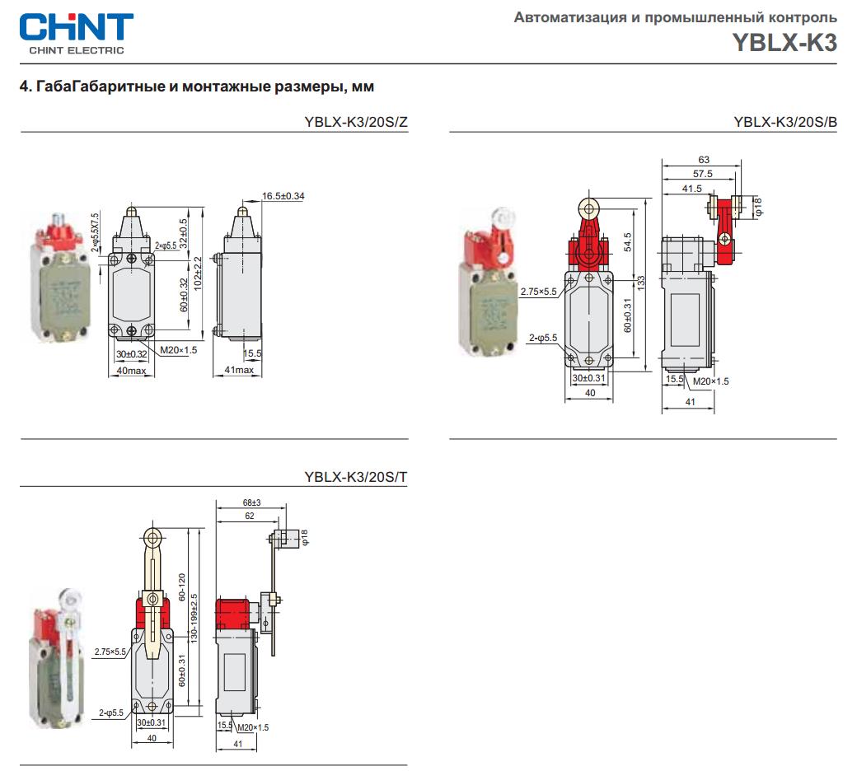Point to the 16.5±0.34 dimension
pos(284,196)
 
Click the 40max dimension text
pos(132,371)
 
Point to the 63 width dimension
pos(704,160)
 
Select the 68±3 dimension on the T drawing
pos(251,502)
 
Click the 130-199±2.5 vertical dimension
pos(194,618)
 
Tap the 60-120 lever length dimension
pos(182,586)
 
